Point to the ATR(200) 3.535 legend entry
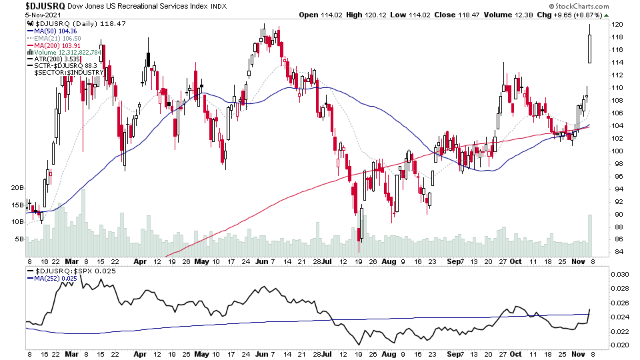click(55, 59)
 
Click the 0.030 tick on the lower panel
click(621, 275)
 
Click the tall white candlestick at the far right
click(590, 49)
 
